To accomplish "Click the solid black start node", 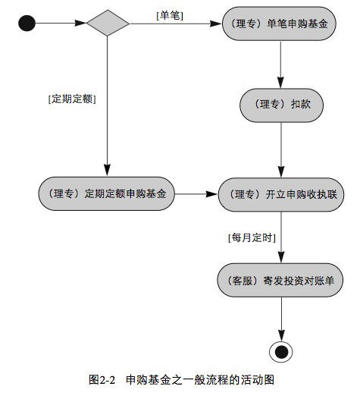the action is click(x=27, y=24).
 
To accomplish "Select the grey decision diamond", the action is click(x=108, y=24).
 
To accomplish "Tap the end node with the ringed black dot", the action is click(x=281, y=352).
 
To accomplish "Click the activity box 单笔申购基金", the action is click(x=279, y=24).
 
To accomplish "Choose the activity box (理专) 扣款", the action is click(x=281, y=105).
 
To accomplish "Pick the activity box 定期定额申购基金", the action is click(x=107, y=193).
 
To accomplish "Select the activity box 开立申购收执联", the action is click(x=281, y=195).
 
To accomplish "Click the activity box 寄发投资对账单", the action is click(x=280, y=280).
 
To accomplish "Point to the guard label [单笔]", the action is click(x=170, y=16).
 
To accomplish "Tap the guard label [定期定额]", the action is click(x=72, y=99).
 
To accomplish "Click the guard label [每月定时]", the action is click(x=252, y=238).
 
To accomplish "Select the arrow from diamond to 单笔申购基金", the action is click(x=175, y=24).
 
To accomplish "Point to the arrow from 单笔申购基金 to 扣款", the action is click(x=280, y=64).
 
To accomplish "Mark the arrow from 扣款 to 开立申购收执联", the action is click(x=281, y=150).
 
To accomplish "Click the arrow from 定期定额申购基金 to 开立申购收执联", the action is click(x=196, y=194).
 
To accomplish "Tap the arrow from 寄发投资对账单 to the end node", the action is click(x=281, y=319).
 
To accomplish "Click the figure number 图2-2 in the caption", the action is click(x=102, y=380).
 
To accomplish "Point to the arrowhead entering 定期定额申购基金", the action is click(x=108, y=170).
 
